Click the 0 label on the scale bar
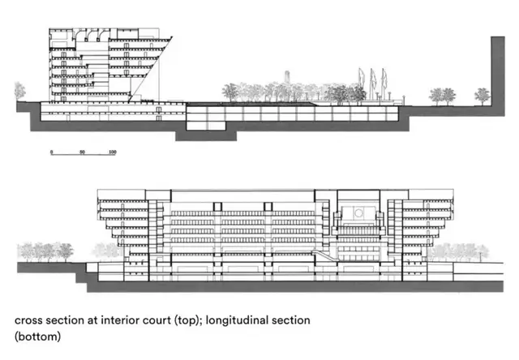[x=51, y=152]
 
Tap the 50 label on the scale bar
[x=82, y=152]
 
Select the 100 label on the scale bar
[x=112, y=152]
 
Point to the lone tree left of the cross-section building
[x=20, y=90]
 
